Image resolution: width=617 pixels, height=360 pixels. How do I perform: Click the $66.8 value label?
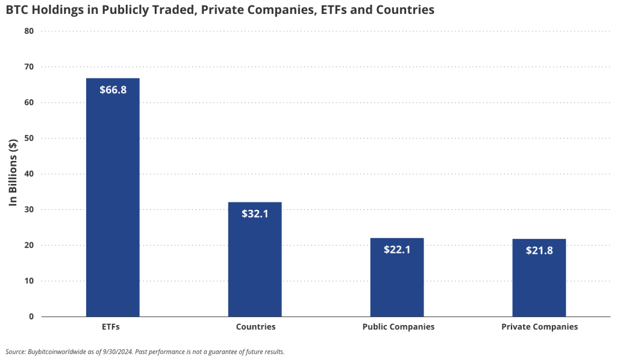113,90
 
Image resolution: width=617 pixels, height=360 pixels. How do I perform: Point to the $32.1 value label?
255,213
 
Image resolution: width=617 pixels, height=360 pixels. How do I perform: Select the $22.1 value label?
397,249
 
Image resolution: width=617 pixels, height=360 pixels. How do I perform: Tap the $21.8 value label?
539,250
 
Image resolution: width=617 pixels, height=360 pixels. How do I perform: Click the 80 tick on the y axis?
29,31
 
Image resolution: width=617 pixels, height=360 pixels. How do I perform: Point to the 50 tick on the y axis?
29,138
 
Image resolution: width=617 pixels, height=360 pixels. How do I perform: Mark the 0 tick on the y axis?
31,317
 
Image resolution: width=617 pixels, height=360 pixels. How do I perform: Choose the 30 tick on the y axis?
29,209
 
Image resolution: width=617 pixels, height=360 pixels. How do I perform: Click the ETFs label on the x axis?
113,327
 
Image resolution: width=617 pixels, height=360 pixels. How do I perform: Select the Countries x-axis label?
255,327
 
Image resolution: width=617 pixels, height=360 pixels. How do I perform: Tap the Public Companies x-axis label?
398,327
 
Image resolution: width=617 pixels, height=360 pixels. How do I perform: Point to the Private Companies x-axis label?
539,327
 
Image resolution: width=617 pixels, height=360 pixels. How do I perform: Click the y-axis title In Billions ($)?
13,173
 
